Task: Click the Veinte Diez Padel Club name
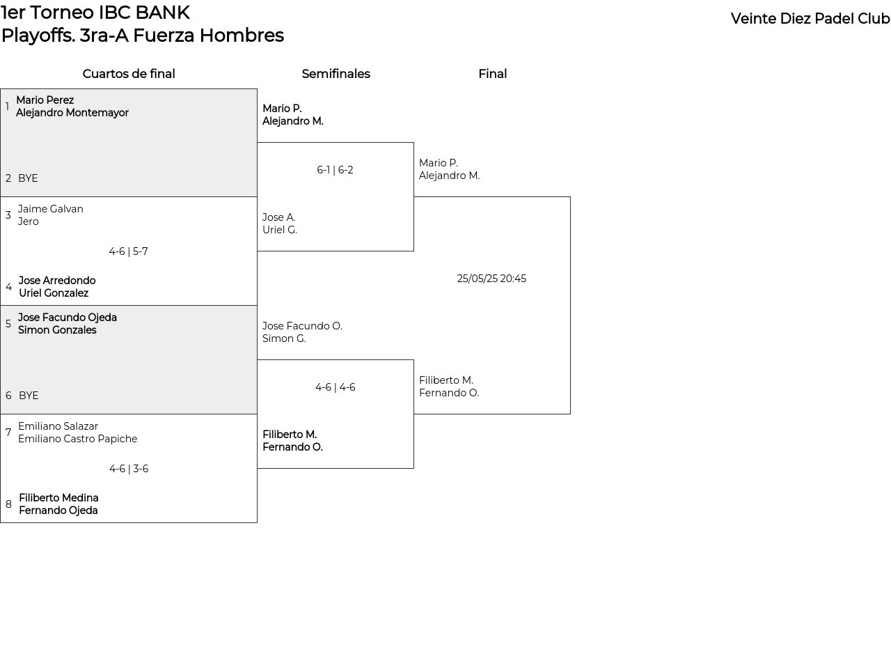(810, 19)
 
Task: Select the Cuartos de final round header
(129, 74)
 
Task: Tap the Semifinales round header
(336, 74)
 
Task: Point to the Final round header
(493, 74)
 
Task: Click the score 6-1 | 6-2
(335, 170)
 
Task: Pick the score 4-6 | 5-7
(129, 251)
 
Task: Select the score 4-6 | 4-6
(336, 387)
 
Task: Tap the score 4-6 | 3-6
(129, 468)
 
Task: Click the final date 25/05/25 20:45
(491, 279)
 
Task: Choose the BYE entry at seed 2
(28, 178)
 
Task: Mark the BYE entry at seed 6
(29, 395)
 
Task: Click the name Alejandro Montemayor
(72, 113)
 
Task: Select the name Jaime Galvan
(51, 209)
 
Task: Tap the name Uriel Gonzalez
(54, 293)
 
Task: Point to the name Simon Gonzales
(58, 329)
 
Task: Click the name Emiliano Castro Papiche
(78, 438)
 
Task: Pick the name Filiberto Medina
(58, 497)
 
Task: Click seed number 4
(9, 287)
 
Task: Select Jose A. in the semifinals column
(279, 217)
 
